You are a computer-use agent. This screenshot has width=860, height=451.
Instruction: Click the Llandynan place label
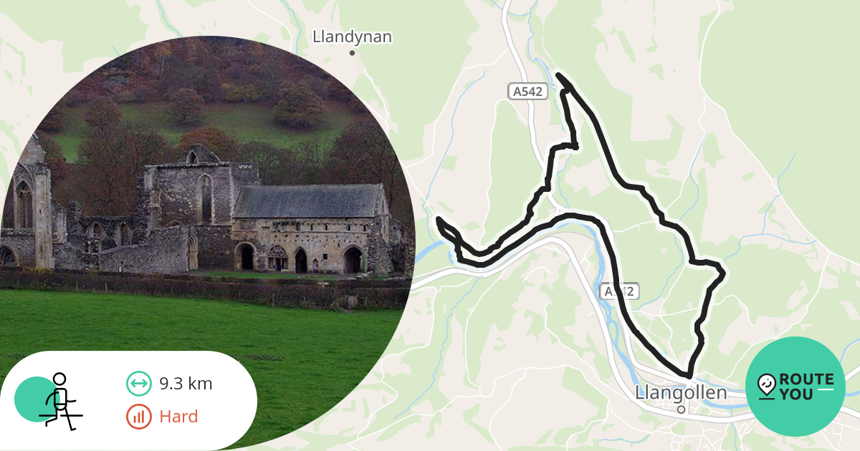(352, 37)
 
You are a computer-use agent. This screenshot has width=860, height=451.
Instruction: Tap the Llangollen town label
(680, 393)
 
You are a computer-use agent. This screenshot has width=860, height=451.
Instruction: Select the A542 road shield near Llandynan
(529, 92)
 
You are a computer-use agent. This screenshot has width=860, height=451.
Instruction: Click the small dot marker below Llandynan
(352, 53)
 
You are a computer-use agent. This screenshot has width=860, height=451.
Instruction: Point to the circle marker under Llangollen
(681, 409)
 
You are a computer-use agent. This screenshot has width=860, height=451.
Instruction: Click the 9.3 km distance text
(186, 384)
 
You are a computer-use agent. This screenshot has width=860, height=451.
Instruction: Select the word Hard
(178, 417)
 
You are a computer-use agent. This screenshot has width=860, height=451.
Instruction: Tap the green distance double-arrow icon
(138, 384)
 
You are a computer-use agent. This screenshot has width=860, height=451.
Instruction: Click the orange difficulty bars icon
(138, 417)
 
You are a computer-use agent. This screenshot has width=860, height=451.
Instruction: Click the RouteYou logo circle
(795, 387)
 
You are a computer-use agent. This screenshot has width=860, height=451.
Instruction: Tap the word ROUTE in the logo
(806, 379)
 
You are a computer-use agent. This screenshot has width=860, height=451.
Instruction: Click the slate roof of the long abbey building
(308, 201)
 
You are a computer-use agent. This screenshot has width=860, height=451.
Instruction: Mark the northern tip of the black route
(558, 74)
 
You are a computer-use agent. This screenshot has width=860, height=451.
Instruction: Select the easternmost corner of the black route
(723, 272)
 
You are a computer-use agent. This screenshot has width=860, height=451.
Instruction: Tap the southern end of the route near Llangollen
(688, 375)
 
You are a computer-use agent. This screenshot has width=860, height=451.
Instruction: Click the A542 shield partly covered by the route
(618, 292)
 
